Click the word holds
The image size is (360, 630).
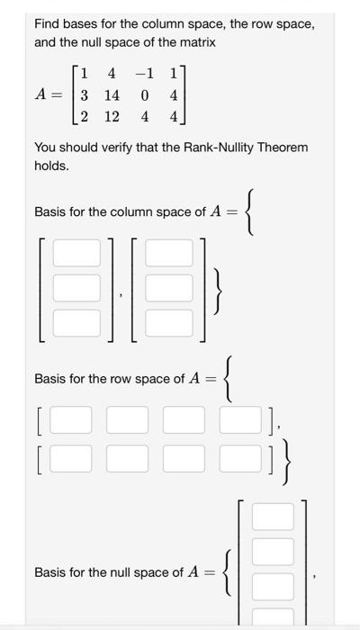coord(51,166)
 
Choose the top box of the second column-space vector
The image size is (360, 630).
coord(169,254)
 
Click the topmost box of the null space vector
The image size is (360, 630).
coord(273,517)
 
